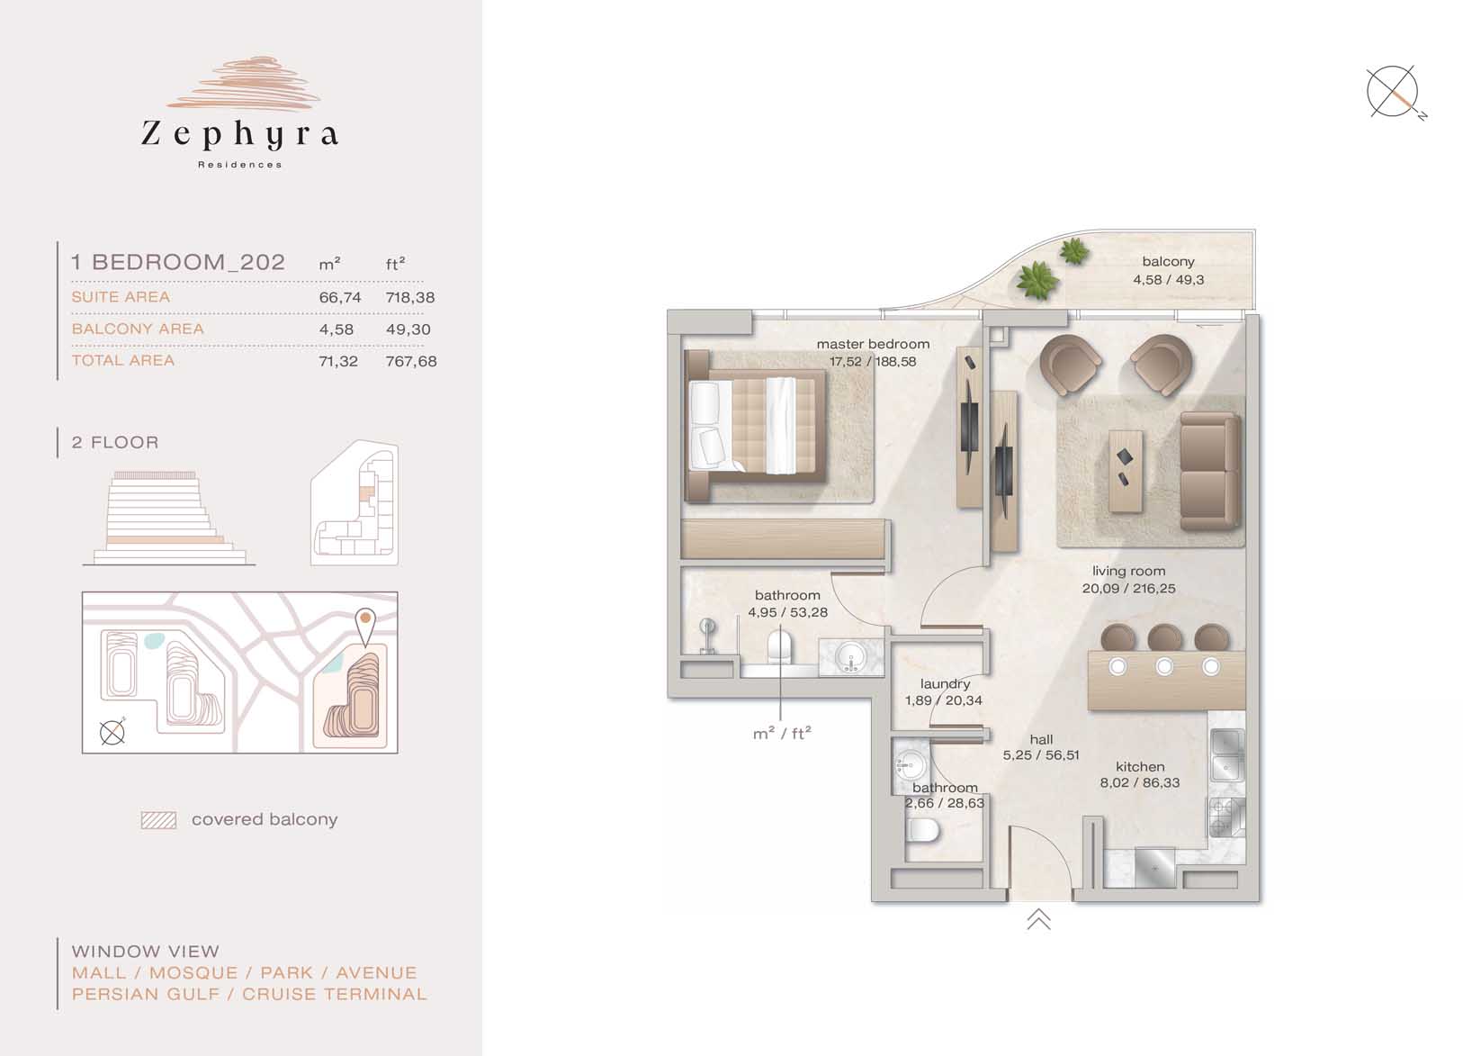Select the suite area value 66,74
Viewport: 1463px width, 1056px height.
point(339,297)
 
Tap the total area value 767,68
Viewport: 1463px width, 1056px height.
point(411,361)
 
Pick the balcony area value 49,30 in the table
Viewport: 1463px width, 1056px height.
point(408,329)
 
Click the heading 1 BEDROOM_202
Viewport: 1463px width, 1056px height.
point(178,262)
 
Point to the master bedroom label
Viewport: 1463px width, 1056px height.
point(873,344)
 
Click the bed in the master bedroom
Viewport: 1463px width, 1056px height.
point(756,426)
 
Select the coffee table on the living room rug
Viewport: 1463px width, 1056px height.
point(1126,471)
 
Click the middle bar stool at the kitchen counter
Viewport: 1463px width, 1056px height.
point(1164,637)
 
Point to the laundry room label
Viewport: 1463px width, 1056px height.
point(945,683)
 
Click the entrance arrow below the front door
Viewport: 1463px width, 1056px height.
point(1038,919)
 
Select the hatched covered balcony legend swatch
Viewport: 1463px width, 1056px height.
point(158,820)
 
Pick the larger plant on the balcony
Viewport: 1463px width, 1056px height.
point(1037,280)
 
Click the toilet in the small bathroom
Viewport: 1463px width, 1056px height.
point(923,831)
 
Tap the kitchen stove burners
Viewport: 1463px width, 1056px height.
point(1226,817)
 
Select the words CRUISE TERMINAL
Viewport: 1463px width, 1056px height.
point(335,994)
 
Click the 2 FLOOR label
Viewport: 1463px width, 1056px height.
point(115,442)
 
